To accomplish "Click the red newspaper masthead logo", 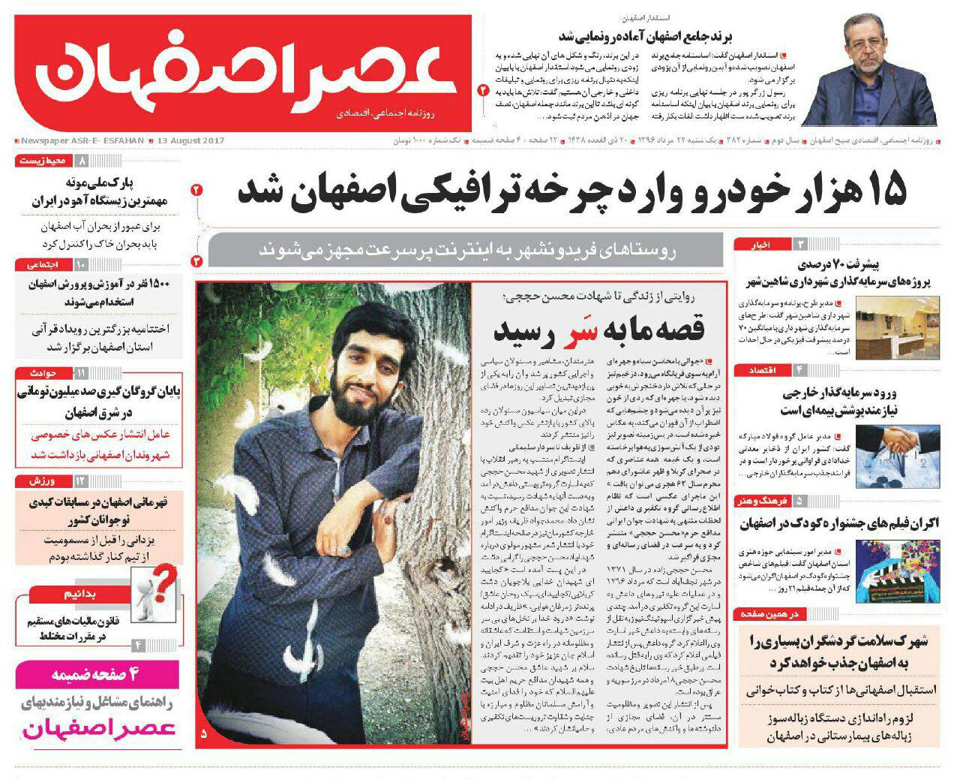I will (x=244, y=73).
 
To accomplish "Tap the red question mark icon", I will (x=166, y=580).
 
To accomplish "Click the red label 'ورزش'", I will (x=42, y=480).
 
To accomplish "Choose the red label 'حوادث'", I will (x=43, y=373).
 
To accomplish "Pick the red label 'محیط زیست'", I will (x=42, y=161).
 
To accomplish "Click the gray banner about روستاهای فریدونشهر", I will (x=465, y=251).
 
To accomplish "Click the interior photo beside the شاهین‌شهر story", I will (x=897, y=327).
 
